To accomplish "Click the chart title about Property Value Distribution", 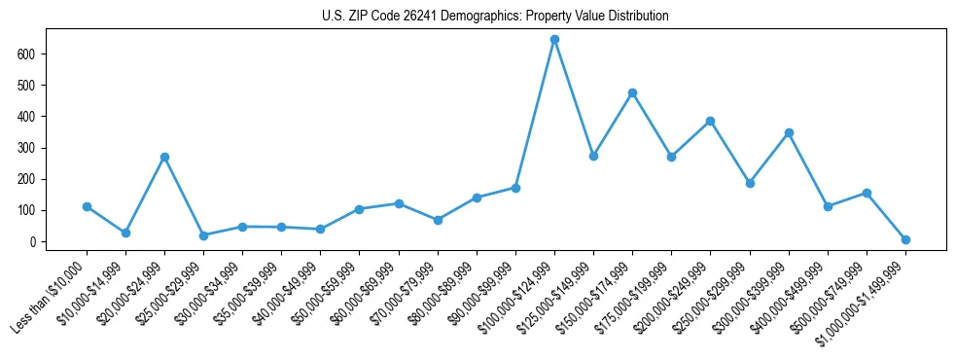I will [495, 17].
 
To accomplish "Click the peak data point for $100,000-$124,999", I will [554, 40].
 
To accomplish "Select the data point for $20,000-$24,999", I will [164, 157].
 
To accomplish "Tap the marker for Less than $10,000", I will [87, 206].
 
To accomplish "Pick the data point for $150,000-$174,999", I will [632, 92].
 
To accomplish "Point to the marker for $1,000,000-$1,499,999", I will [905, 239].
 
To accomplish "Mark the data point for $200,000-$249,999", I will [710, 121].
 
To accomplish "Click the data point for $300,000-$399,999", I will [789, 132].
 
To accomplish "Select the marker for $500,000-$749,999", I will [867, 193].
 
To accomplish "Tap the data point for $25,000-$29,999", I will [203, 235].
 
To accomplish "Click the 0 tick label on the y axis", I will [31, 241].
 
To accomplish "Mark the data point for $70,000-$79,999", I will [438, 220].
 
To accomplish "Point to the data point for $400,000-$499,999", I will [828, 206].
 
